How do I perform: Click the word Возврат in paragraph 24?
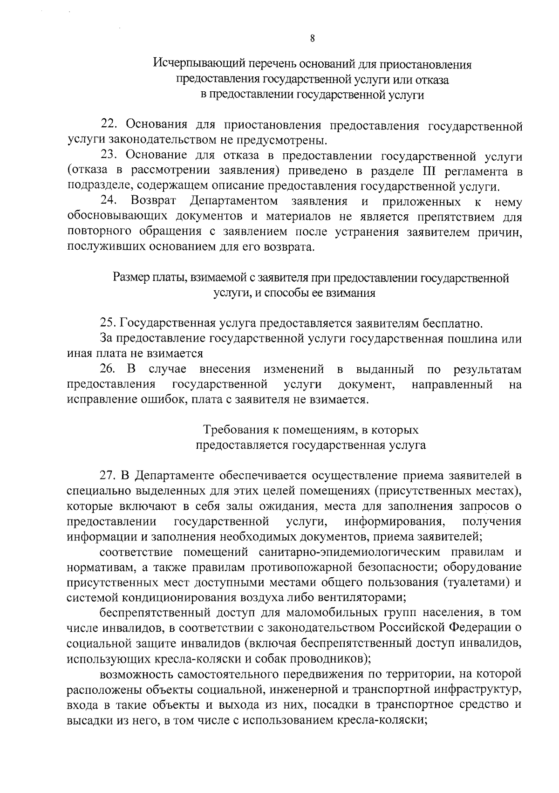(153, 201)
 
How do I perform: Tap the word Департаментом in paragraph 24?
(234, 201)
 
